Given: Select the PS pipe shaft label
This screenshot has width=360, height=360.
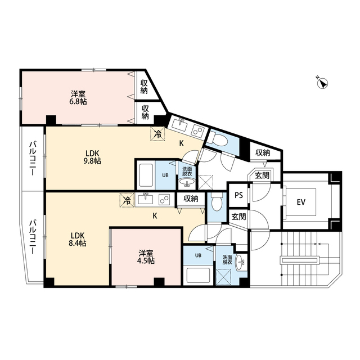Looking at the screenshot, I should click(x=238, y=196).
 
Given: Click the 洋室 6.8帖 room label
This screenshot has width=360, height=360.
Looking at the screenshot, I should click(x=79, y=97).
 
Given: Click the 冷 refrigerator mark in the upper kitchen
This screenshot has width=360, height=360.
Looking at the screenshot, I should click(x=158, y=134).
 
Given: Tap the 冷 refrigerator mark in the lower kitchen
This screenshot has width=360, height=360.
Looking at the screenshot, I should click(x=127, y=200).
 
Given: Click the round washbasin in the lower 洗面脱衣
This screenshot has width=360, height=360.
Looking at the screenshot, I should click(x=242, y=260).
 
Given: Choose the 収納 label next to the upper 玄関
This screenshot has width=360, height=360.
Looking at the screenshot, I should click(x=263, y=152).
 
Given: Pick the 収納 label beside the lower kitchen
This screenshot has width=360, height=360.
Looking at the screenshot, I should click(x=191, y=199).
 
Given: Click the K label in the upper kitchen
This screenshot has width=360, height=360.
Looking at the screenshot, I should click(x=181, y=143).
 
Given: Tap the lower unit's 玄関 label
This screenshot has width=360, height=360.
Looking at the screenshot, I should click(x=238, y=217).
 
